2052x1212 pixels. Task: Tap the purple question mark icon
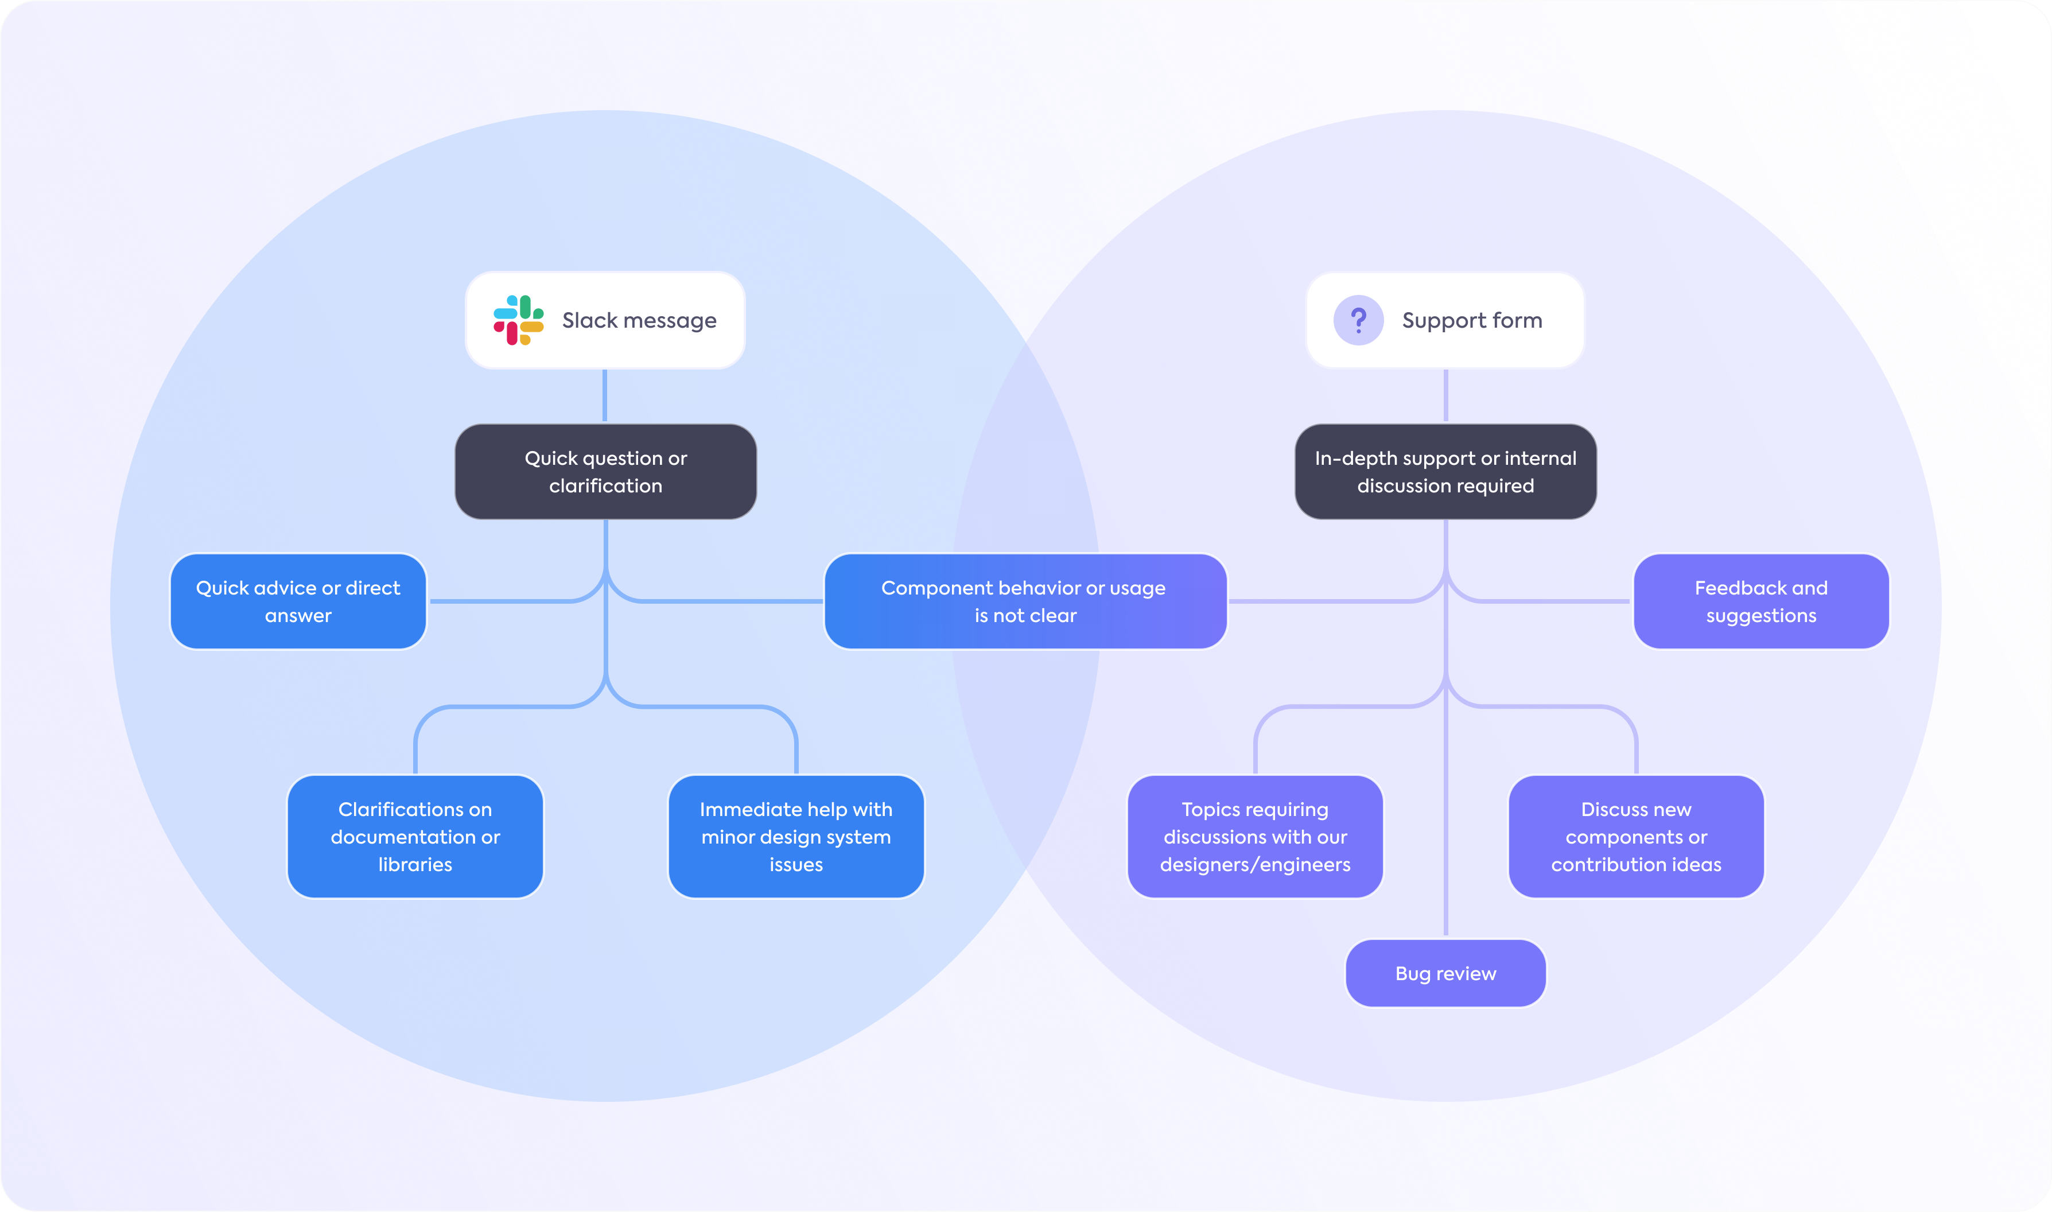1358,320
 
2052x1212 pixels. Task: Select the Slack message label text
639,320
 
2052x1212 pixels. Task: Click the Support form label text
1471,320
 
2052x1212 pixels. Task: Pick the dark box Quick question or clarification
605,471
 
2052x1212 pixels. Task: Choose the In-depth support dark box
1445,471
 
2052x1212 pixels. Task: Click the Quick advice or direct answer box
298,601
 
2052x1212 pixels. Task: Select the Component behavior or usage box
1025,601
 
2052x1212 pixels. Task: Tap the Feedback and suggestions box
1760,601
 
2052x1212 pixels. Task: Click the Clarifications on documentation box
415,836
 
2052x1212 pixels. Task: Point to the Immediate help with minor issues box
795,836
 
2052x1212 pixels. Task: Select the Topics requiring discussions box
1255,836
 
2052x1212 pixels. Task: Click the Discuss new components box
1635,836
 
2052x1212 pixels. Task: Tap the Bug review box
1445,973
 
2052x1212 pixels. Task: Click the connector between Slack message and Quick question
604,395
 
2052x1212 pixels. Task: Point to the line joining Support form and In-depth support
1445,395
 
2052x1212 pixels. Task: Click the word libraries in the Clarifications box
415,864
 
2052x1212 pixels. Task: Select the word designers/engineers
1255,864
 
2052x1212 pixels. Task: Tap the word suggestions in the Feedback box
1760,616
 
